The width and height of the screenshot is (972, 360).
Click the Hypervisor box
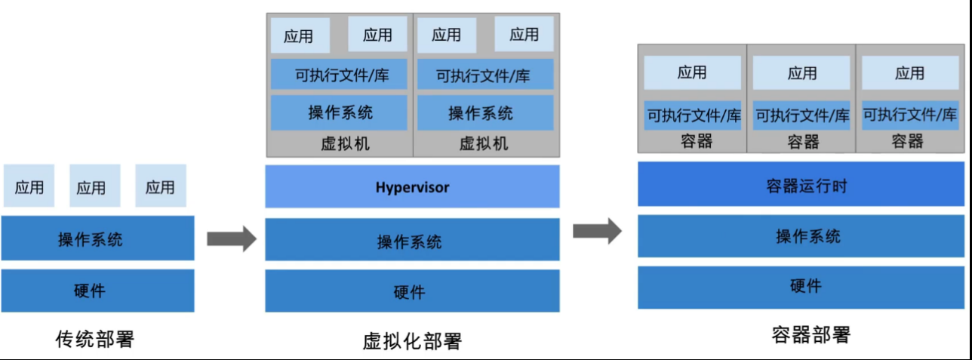click(x=412, y=186)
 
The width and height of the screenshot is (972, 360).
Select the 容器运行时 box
click(x=801, y=184)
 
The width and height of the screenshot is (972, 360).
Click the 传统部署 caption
click(x=95, y=339)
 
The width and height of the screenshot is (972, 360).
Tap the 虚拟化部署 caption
click(x=412, y=342)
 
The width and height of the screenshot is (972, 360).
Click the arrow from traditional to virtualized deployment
click(x=232, y=240)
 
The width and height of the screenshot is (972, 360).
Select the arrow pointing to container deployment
click(x=597, y=230)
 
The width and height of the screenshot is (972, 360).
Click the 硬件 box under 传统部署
click(x=97, y=291)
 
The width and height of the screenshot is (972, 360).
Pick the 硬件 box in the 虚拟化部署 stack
click(x=412, y=291)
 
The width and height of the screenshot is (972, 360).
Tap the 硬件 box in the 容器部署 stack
click(x=801, y=287)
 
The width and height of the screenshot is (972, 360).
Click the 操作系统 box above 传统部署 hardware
click(x=97, y=239)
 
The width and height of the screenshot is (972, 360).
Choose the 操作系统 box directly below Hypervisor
click(x=412, y=242)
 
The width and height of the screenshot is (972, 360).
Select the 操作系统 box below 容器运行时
click(x=801, y=236)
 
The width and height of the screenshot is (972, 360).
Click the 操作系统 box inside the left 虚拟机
click(x=340, y=113)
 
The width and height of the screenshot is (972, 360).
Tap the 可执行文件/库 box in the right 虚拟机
click(x=484, y=75)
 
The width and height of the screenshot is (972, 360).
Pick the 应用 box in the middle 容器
click(x=801, y=73)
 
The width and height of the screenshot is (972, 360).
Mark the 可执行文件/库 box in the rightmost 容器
click(x=909, y=115)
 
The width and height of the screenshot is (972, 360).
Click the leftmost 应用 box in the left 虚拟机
click(x=299, y=35)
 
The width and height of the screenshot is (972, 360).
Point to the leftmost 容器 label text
click(x=696, y=141)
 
